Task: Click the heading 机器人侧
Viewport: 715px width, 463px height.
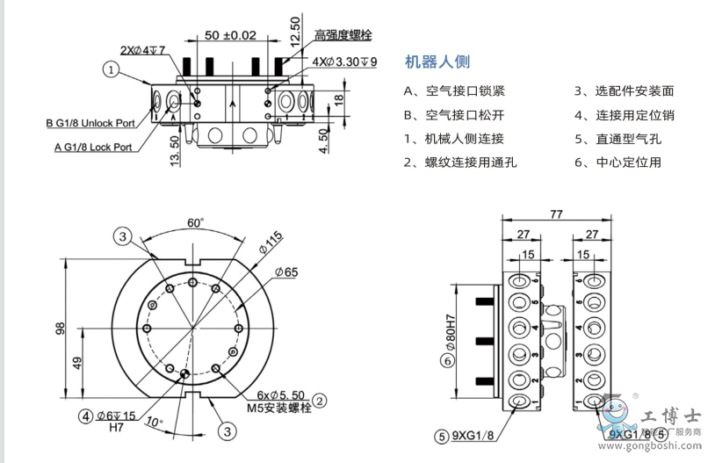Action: [x=437, y=61]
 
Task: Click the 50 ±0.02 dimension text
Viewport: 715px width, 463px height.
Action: [x=230, y=35]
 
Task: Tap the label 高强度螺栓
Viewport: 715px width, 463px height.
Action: [x=343, y=35]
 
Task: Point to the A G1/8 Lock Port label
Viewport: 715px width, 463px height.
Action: [x=93, y=147]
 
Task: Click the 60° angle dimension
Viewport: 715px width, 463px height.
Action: [x=195, y=223]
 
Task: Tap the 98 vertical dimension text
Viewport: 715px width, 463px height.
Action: [x=61, y=328]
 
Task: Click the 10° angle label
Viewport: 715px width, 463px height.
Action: [x=155, y=422]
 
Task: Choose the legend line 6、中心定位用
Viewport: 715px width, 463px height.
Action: [x=617, y=162]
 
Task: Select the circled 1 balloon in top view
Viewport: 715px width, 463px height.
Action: [x=112, y=69]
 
